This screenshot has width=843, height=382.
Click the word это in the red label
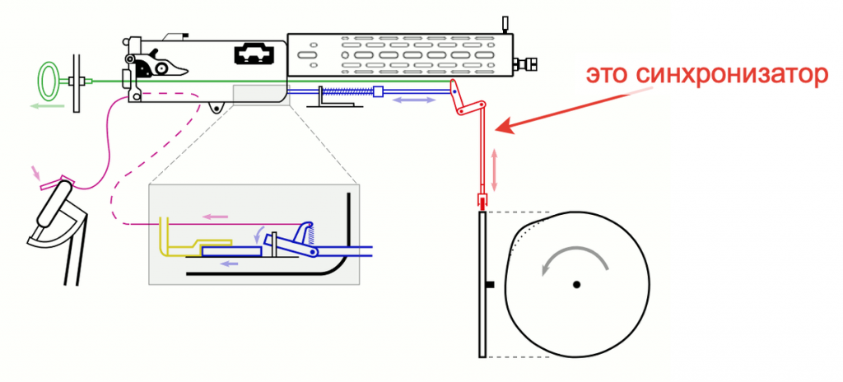coord(606,76)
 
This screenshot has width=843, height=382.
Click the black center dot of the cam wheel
coord(576,284)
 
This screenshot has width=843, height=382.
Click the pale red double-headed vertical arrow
coord(495,170)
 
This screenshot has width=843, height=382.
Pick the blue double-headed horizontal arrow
coord(413,100)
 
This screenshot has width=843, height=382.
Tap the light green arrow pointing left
coord(49,106)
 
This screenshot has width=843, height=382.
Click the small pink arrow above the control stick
coord(35,172)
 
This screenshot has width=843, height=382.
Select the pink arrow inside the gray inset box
coord(215,217)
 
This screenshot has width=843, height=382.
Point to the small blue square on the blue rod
coord(378,92)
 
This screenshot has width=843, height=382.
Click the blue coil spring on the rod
coord(347,92)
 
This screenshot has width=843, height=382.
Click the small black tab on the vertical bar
coord(490,284)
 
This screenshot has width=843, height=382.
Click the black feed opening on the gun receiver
coord(254,54)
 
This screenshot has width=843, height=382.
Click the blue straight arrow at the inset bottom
coord(231,263)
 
